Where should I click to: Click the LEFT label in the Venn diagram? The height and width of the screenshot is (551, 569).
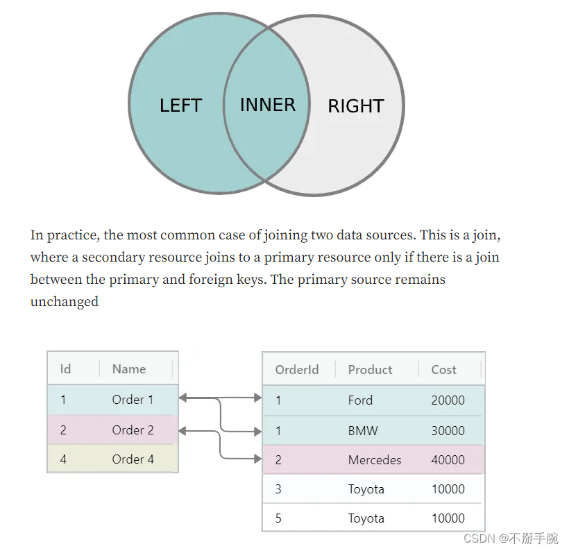[180, 105]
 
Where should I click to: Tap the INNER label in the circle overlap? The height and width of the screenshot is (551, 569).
[267, 105]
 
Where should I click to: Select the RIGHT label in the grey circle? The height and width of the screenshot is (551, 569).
[355, 106]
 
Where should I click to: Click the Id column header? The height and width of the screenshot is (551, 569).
[65, 368]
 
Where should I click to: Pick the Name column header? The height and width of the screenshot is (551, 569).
[128, 368]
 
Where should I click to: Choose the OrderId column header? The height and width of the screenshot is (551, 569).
[296, 369]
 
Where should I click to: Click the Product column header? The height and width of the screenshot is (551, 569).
[370, 369]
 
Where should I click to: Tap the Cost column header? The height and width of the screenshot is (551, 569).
[443, 369]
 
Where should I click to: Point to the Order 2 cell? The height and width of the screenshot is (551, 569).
[133, 430]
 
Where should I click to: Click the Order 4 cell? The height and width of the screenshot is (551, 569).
[133, 459]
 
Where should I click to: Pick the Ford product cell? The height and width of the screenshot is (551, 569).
[360, 400]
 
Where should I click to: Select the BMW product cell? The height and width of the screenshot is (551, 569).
[363, 430]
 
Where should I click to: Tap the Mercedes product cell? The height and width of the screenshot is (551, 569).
[375, 459]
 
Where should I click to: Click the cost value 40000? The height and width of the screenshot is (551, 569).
[448, 459]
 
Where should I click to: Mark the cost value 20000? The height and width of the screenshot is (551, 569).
[448, 400]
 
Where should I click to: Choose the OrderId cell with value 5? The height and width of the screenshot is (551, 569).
[278, 518]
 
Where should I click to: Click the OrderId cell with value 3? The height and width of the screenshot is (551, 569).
[278, 489]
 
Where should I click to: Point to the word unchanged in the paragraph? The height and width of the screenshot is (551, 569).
[64, 302]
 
